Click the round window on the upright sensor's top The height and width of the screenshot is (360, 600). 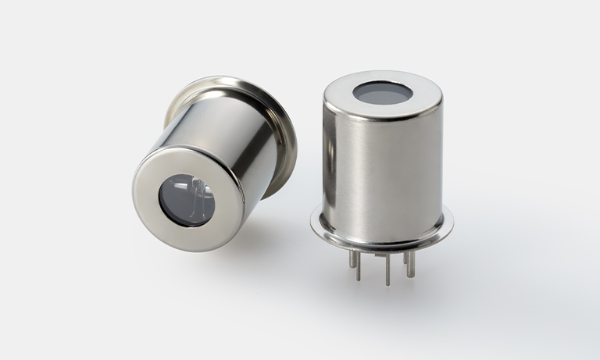tap(382, 93)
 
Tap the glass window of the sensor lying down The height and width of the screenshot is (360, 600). tap(187, 201)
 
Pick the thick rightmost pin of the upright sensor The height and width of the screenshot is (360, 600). tap(411, 262)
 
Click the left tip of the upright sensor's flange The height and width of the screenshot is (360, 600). tap(312, 221)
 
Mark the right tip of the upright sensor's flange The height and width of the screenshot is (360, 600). tap(452, 224)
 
